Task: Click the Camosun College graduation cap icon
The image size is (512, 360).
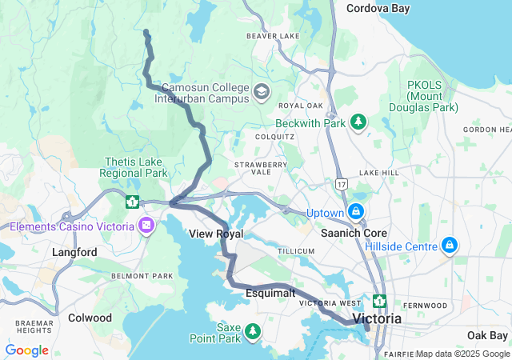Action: coord(261,92)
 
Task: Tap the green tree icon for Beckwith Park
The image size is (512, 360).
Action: coord(359,122)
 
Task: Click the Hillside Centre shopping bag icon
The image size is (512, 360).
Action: coord(450,244)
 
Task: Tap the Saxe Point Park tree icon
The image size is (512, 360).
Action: coord(253,330)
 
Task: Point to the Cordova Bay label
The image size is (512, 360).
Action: coord(378,8)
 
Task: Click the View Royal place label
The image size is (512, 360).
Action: coord(215,234)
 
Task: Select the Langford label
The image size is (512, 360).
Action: coord(74,252)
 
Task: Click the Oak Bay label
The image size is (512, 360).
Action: coord(487,334)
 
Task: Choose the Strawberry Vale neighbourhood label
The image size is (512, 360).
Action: coord(260,170)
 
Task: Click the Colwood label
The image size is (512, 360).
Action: coord(90,318)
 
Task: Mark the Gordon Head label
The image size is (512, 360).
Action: coord(486,130)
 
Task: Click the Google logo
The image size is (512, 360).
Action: coord(27,350)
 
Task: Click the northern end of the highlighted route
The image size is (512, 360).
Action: coord(146,31)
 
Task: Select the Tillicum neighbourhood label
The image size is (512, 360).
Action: coord(295,250)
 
